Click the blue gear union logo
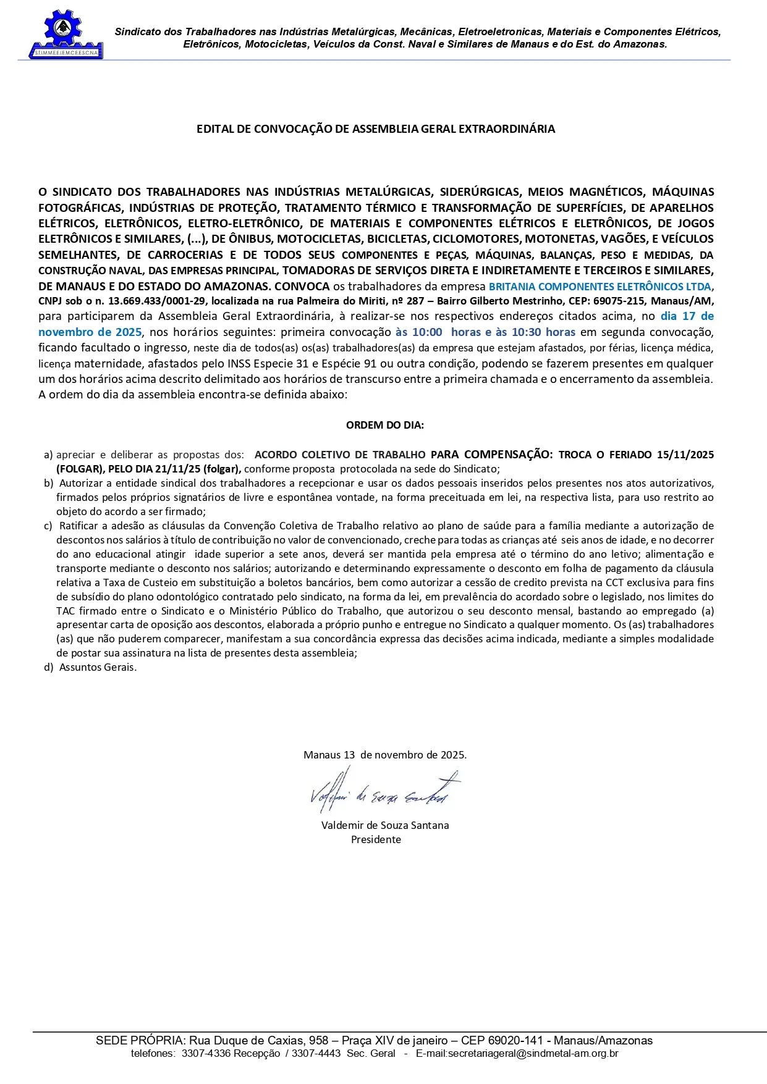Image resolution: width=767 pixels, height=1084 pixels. [x=64, y=35]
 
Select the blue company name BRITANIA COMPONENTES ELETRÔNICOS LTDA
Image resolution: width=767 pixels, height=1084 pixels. [x=600, y=287]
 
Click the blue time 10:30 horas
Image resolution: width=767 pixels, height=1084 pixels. [x=543, y=332]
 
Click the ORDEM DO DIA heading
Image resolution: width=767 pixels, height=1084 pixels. [x=384, y=425]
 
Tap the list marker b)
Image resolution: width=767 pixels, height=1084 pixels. [x=48, y=483]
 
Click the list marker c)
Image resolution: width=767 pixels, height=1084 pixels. [x=48, y=526]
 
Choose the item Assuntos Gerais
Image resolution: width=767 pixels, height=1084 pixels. [x=98, y=667]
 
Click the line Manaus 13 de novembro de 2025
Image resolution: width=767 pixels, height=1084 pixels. [x=384, y=755]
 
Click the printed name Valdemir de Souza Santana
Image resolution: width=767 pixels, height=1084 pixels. [x=384, y=825]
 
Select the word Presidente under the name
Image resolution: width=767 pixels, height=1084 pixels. [x=376, y=839]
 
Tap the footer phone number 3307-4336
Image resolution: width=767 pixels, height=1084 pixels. [x=206, y=1054]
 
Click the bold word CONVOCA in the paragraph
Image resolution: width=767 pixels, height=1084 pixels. [x=302, y=286]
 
